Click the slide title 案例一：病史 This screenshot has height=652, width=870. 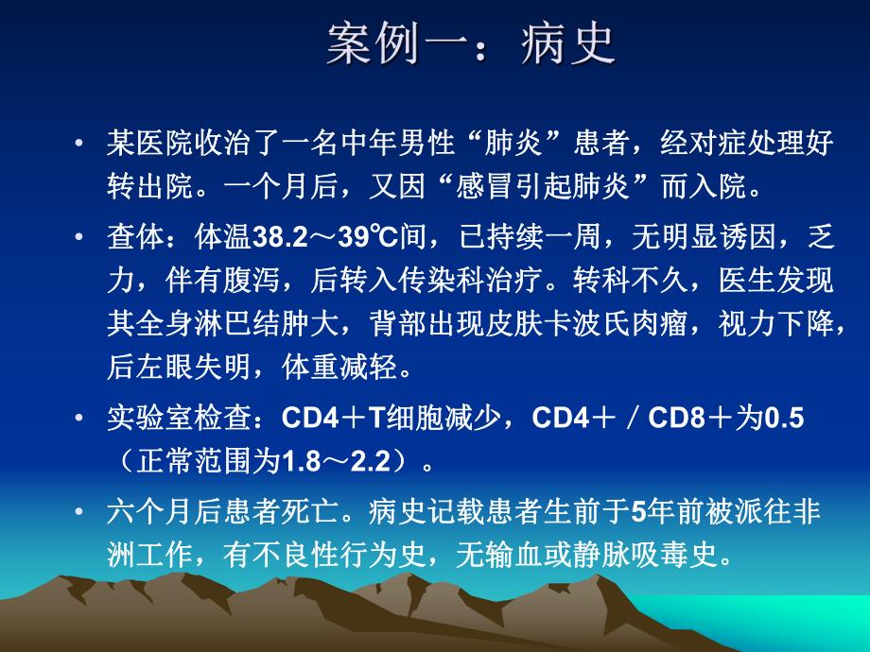tap(470, 43)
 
